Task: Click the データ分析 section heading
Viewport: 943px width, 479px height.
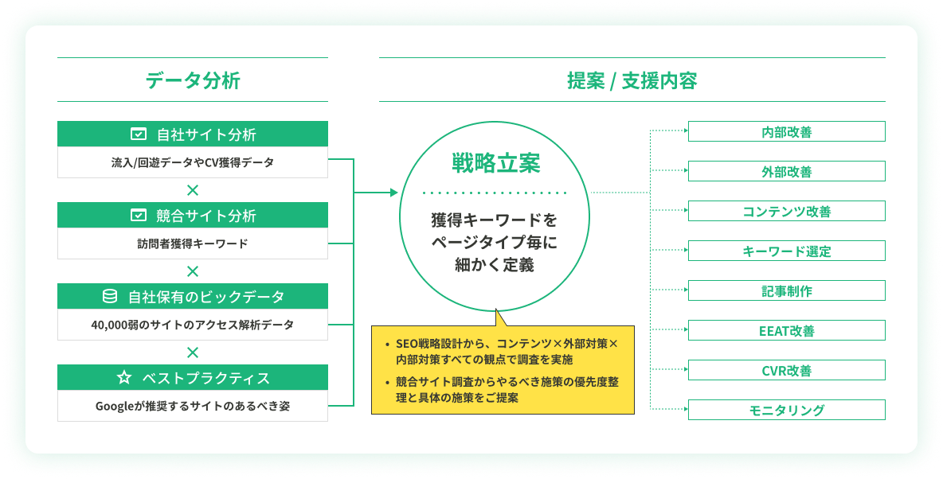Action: pyautogui.click(x=193, y=80)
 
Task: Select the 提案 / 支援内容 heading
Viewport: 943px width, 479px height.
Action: pyautogui.click(x=632, y=80)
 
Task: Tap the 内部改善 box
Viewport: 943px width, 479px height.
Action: pyautogui.click(x=786, y=132)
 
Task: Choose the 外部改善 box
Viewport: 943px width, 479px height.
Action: pyautogui.click(x=786, y=172)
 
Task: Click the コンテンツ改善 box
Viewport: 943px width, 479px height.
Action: pyautogui.click(x=786, y=212)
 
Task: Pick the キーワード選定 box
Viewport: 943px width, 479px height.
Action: pyautogui.click(x=786, y=251)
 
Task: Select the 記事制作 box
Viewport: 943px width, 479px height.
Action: pyautogui.click(x=786, y=291)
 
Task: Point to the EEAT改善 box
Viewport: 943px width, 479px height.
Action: pyautogui.click(x=786, y=331)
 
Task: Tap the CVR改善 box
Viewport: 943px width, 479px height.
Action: pyautogui.click(x=786, y=371)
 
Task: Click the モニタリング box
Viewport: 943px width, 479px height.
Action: pyautogui.click(x=786, y=411)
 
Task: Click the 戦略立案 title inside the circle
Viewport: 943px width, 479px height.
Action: pyautogui.click(x=495, y=164)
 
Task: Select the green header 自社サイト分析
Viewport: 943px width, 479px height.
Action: pyautogui.click(x=193, y=134)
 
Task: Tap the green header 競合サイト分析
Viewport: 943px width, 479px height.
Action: pyautogui.click(x=193, y=216)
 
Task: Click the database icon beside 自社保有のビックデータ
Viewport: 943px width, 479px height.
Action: pyautogui.click(x=110, y=297)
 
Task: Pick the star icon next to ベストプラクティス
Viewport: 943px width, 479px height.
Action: pyautogui.click(x=123, y=378)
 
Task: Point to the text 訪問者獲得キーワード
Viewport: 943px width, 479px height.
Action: pyautogui.click(x=193, y=243)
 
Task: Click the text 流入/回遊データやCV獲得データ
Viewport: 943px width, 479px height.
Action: pyautogui.click(x=193, y=162)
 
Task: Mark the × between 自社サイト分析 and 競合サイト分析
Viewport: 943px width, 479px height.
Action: pyautogui.click(x=193, y=190)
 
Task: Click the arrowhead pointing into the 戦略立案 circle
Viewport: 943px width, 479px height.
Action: pyautogui.click(x=393, y=193)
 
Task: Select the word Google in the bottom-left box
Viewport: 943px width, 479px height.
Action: pyautogui.click(x=114, y=406)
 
